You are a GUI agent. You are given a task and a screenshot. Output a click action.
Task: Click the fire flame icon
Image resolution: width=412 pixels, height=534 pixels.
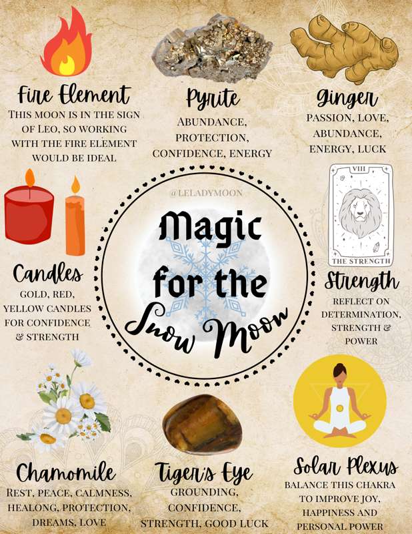[67, 43]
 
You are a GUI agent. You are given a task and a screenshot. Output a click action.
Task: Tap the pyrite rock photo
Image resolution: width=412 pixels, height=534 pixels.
[211, 48]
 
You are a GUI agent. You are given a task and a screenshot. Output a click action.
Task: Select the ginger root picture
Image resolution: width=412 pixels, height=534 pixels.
[344, 47]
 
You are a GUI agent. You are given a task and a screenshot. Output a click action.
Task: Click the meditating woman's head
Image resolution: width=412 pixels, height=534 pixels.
[339, 370]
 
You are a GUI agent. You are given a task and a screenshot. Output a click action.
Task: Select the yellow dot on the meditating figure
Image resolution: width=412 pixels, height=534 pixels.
[339, 408]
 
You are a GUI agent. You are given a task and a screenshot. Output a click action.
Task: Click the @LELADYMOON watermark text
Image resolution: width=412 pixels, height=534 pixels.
[207, 193]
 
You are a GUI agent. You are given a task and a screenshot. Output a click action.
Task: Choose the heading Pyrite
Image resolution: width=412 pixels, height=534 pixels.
[213, 99]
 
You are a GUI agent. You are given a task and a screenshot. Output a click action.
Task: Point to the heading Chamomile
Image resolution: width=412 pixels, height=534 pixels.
[65, 473]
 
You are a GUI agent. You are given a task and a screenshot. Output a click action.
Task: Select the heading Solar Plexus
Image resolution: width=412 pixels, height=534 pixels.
[345, 466]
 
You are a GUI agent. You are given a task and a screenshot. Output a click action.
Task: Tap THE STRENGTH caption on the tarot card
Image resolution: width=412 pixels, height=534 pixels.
[361, 261]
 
